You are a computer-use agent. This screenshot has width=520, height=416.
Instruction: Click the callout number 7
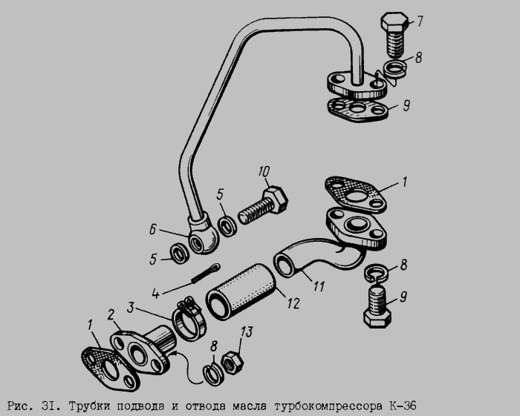click(420, 21)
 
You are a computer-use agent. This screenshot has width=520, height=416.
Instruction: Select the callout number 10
click(264, 172)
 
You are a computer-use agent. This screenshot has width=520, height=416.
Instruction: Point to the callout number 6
click(152, 229)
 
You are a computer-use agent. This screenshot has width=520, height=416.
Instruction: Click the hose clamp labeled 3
click(189, 319)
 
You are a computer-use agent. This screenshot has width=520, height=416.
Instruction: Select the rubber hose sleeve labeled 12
click(241, 292)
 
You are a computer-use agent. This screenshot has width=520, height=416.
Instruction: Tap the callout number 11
click(319, 286)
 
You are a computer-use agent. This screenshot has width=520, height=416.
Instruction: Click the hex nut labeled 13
click(232, 363)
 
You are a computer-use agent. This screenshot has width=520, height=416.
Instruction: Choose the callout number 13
click(246, 331)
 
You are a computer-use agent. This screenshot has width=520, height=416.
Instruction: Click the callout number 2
click(111, 314)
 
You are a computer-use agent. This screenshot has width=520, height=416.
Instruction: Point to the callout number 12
click(293, 303)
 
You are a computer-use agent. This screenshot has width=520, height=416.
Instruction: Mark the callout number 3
click(131, 308)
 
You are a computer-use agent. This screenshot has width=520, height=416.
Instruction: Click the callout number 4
click(156, 293)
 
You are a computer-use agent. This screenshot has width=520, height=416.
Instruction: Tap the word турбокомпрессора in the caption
click(328, 406)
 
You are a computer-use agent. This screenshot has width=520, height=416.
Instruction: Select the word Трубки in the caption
click(89, 406)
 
